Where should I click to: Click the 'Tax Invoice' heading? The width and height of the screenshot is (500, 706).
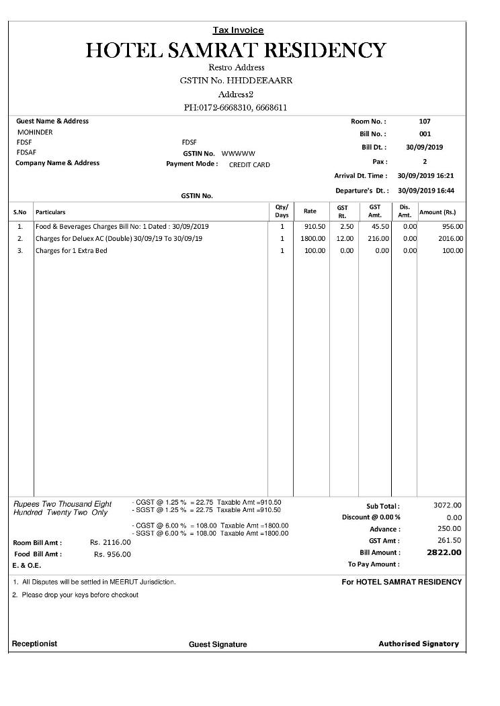pos(238,30)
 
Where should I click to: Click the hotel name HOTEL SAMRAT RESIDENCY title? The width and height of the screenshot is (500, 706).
pos(237,50)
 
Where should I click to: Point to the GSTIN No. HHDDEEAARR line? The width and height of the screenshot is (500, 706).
pos(236,81)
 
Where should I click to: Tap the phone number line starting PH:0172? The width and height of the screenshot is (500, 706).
pos(236,107)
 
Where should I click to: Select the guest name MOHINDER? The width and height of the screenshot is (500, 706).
pos(35,132)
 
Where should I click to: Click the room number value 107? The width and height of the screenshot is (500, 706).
pos(425,121)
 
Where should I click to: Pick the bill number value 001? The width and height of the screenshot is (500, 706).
pos(425,134)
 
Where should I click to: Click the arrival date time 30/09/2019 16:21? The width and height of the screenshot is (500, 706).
pos(426,176)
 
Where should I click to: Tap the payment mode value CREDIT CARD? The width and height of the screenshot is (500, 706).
pos(249,164)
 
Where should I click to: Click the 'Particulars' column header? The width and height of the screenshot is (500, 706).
pos(50,212)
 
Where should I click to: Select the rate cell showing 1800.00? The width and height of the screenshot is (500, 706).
pos(312,238)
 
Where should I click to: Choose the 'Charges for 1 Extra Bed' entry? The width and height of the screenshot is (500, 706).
pos(71,250)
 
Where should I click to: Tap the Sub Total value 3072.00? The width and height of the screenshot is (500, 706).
pos(448,505)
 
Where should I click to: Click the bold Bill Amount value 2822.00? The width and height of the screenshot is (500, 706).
pos(444,552)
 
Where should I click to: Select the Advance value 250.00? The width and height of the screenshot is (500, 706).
pos(449,529)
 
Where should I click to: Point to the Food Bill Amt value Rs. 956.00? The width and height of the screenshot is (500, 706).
pos(112,554)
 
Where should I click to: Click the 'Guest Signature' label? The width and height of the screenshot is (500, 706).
pos(218,644)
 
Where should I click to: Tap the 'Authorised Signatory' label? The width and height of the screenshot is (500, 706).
pos(419,644)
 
